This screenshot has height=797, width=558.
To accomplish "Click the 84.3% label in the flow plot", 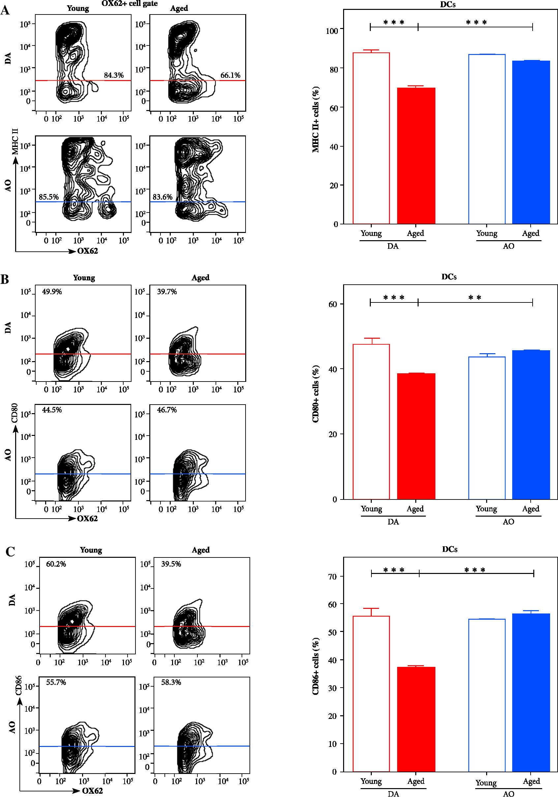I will point(113,75).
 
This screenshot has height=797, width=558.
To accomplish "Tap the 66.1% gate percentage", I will point(230,75).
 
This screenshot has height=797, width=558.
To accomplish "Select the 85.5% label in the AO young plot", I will point(48,197).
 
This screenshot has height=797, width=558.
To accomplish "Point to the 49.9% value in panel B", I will point(52,292).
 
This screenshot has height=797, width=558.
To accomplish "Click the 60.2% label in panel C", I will point(56,564).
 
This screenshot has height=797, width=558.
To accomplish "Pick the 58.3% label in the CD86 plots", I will point(171,682).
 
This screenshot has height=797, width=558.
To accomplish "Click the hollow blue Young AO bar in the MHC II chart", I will point(486,139).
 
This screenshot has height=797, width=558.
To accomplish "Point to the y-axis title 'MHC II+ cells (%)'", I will point(315,119).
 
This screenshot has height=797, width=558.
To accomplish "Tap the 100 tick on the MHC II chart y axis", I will point(332,31).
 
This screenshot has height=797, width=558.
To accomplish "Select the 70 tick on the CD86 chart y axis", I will point(332,577).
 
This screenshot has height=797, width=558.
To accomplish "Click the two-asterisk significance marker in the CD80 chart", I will point(474,298).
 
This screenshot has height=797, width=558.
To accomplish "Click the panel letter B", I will point(5,279).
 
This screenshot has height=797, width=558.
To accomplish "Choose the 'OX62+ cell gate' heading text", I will point(130,4).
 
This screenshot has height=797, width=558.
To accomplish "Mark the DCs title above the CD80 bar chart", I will point(449,277).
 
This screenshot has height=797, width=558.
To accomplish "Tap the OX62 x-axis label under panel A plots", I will point(87,251).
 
